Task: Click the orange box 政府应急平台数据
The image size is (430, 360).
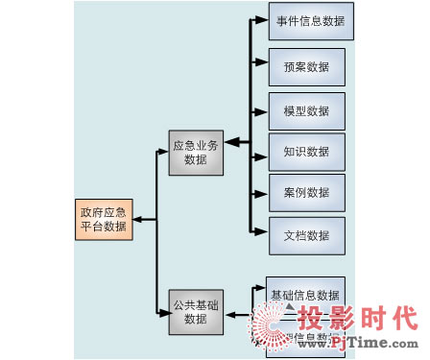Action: (x=103, y=220)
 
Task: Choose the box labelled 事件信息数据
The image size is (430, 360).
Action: (x=311, y=19)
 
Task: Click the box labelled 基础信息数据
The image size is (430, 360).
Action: (x=305, y=294)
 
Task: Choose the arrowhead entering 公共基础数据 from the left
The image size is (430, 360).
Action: (x=162, y=312)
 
